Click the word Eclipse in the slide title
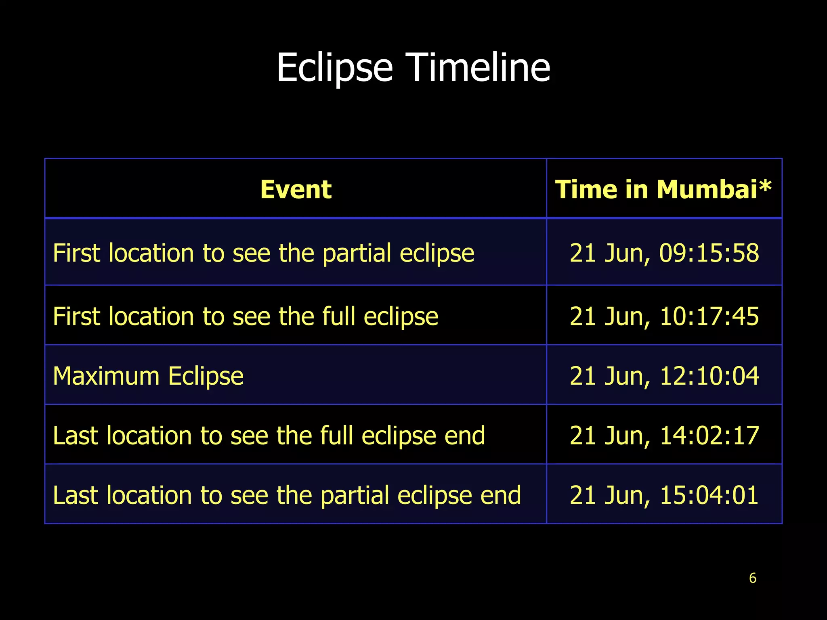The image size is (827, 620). pos(334,68)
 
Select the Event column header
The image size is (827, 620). pos(296,189)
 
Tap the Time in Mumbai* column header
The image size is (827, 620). pos(663,189)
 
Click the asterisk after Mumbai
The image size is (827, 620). pos(765,187)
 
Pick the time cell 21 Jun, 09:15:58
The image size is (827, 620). pos(664,253)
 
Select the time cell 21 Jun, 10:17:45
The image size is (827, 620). pos(664,316)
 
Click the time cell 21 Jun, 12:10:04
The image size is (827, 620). pos(664,376)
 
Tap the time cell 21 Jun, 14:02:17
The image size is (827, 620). pos(664,436)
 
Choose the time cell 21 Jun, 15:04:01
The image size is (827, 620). pos(664,495)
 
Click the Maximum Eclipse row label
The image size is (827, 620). pos(148,376)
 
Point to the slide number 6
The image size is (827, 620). pos(752,578)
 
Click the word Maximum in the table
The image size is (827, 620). pos(106,376)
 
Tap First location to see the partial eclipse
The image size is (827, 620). pos(263,253)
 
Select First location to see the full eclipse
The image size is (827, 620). pos(246,316)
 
